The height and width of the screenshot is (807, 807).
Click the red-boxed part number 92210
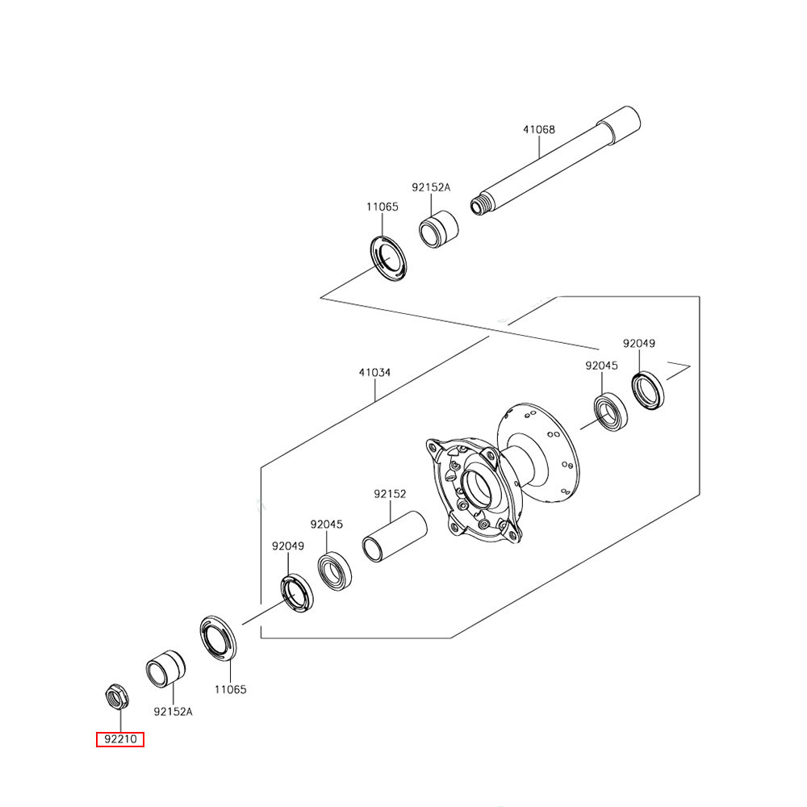120,739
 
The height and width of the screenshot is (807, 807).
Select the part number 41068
538,129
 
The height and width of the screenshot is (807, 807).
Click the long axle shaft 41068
557,161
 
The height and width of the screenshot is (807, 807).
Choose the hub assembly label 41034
374,373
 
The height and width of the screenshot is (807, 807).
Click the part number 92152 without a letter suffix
390,494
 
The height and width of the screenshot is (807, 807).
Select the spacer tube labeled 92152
393,535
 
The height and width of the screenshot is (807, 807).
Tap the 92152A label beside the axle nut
174,712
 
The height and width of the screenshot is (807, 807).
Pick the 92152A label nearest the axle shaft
431,187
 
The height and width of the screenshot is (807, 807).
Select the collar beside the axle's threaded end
438,229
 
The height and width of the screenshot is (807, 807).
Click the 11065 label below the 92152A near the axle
382,207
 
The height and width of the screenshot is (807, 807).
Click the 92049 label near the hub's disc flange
638,343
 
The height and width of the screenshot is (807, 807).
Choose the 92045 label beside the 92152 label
327,524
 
